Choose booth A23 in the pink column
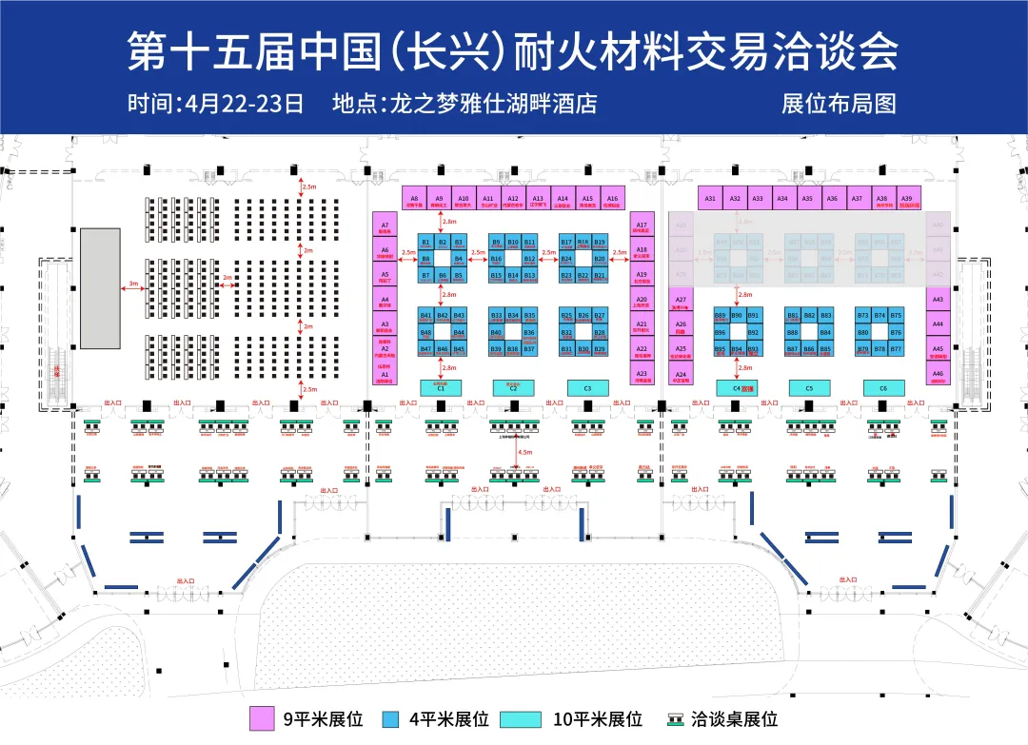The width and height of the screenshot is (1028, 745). [x=642, y=373]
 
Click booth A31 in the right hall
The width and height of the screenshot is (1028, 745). [x=710, y=198]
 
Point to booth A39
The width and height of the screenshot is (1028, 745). [x=906, y=198]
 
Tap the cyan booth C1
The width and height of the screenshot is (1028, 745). [x=441, y=388]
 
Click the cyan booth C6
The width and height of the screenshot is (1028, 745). [x=883, y=388]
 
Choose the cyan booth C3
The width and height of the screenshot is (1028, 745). [x=587, y=388]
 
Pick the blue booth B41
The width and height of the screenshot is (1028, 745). [x=426, y=316]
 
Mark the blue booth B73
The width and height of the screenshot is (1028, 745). [x=863, y=315]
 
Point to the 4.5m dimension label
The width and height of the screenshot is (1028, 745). [x=525, y=451]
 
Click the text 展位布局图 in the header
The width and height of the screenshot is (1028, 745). [x=839, y=103]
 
